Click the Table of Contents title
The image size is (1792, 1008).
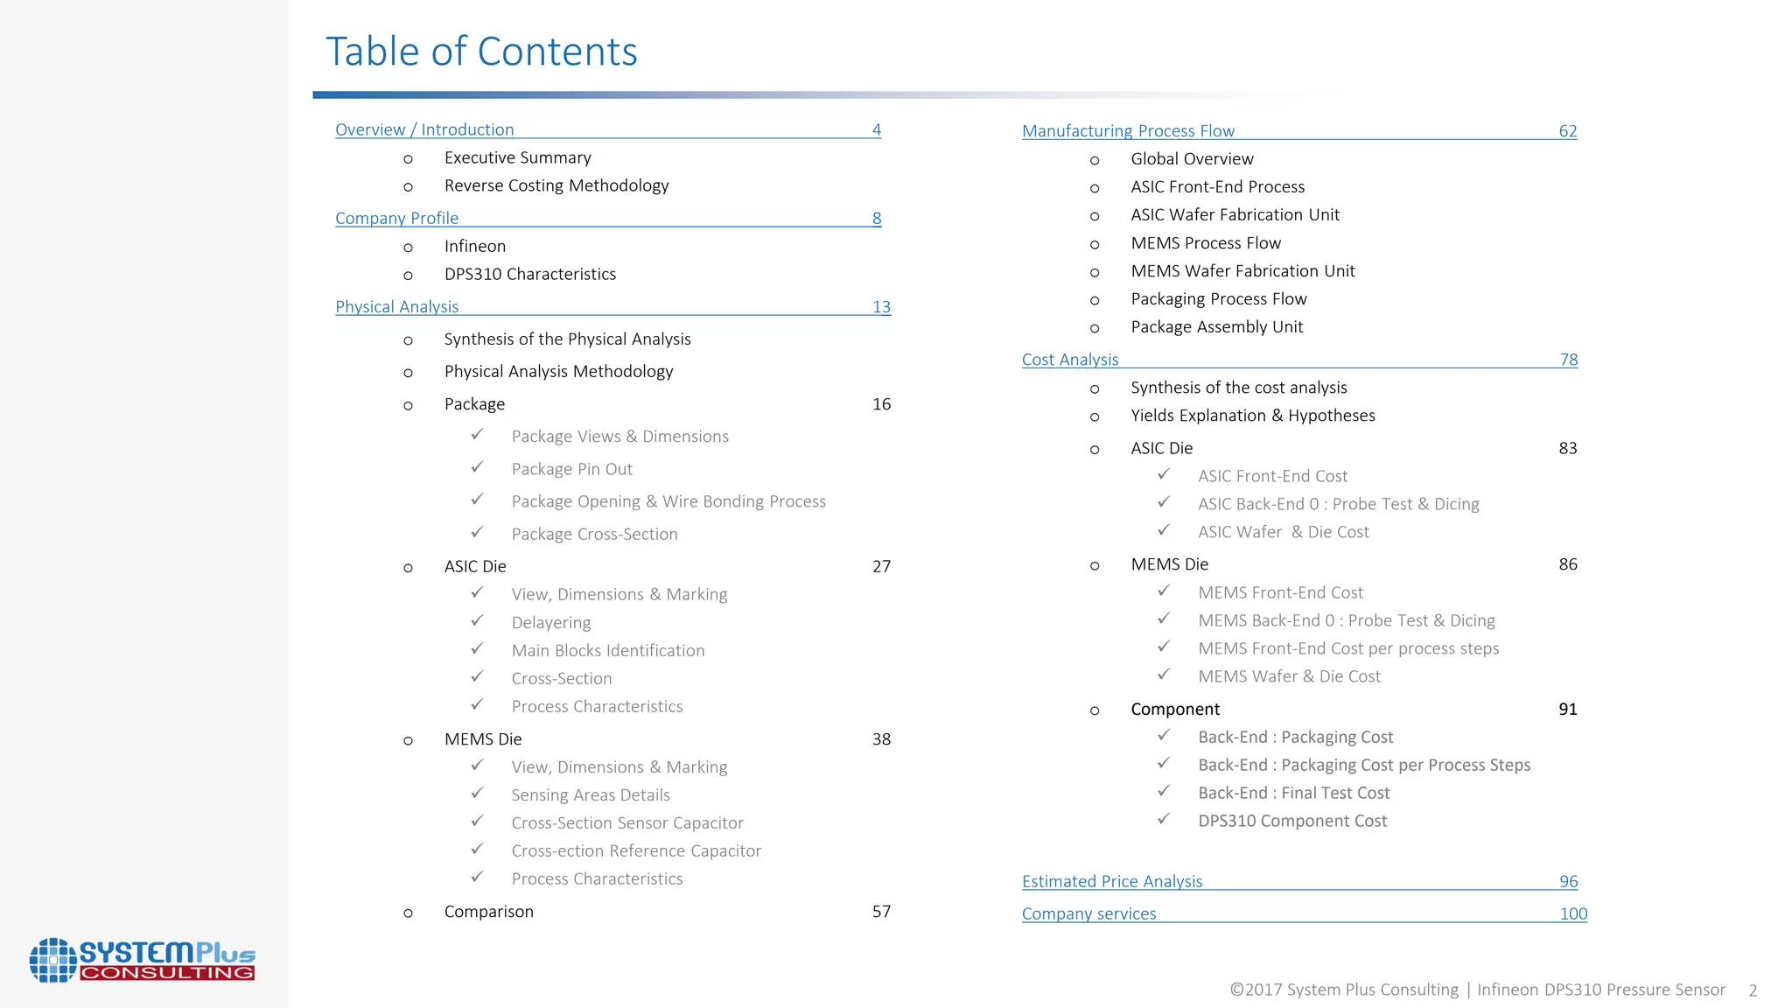[x=481, y=52]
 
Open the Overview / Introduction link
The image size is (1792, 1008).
[x=424, y=129]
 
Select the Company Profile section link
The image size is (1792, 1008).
[x=396, y=218]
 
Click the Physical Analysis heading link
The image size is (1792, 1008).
[x=396, y=306]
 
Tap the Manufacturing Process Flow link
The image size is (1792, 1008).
[x=1128, y=130]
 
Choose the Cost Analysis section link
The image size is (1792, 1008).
[x=1070, y=360]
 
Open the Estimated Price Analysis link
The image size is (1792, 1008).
[x=1112, y=881]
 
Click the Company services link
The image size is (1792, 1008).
[x=1088, y=913]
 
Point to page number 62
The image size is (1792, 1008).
[x=1567, y=131]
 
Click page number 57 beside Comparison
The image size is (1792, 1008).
[x=881, y=912]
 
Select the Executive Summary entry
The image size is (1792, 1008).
[x=517, y=157]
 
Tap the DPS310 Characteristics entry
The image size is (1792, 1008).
[x=529, y=274]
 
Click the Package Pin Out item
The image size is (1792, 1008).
[x=571, y=469]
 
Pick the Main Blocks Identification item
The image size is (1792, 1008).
[x=607, y=650]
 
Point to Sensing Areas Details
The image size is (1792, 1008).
[x=591, y=794]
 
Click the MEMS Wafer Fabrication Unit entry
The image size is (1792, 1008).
[x=1242, y=271]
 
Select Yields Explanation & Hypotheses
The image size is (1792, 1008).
[x=1252, y=416]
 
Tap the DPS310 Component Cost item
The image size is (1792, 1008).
[x=1292, y=821]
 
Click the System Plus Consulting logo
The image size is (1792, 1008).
[x=142, y=960]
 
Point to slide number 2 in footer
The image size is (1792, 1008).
[x=1753, y=990]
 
